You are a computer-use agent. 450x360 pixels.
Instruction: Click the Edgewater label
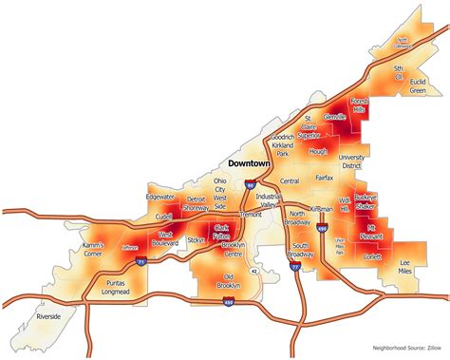coord(160,196)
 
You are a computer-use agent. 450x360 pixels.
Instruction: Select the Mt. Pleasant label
coord(377,229)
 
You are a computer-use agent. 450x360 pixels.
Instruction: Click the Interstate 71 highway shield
coord(139,259)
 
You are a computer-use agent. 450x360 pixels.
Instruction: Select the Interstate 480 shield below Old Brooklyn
coord(228,303)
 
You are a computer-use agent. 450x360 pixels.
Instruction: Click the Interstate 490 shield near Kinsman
coord(323,229)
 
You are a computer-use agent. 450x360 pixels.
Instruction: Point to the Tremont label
coord(251,216)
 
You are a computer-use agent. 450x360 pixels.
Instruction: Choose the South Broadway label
coord(300,252)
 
